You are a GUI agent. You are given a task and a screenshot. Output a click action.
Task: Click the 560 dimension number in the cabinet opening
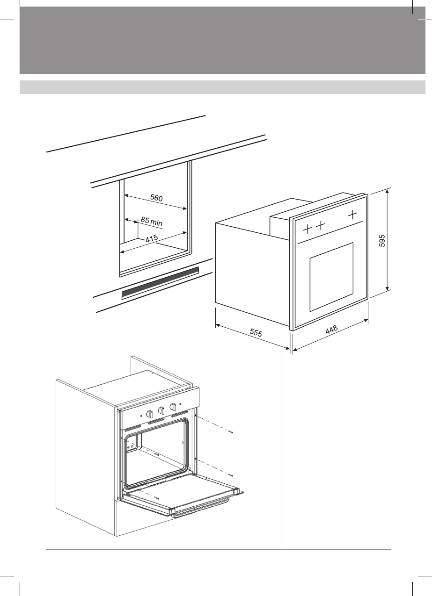(x=156, y=198)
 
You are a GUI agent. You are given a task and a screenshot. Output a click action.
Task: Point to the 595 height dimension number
(x=382, y=241)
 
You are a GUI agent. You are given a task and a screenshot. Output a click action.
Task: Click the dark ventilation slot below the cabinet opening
(x=160, y=282)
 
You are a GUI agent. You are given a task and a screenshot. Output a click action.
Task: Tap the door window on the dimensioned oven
(x=331, y=277)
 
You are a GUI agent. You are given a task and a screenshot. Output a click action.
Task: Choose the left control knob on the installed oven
(x=150, y=414)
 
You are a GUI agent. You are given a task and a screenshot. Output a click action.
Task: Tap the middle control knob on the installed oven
(x=161, y=410)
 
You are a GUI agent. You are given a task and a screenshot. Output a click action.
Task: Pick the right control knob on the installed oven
(x=173, y=407)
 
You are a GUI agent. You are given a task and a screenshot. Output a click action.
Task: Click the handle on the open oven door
(x=201, y=510)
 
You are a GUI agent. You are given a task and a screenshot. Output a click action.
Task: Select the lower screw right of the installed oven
(x=231, y=475)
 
